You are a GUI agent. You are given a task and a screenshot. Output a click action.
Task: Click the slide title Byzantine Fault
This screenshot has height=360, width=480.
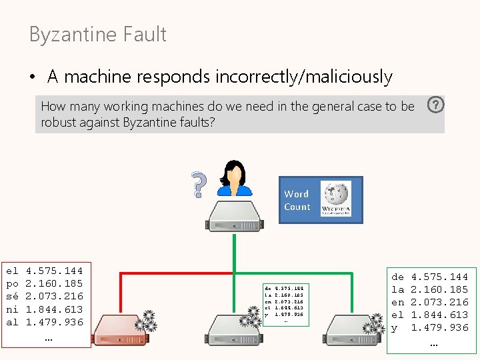coord(97,35)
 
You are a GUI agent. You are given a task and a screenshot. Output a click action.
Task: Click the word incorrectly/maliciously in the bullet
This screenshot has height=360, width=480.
coord(303,77)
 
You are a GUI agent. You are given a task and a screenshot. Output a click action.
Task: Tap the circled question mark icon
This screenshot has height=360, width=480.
coord(435,105)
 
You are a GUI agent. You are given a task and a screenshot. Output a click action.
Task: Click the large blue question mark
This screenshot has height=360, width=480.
coord(197,185)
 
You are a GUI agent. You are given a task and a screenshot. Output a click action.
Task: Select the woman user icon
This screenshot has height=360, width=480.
coord(235,178)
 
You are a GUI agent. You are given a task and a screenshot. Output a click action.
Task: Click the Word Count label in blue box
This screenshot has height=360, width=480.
coord(297,200)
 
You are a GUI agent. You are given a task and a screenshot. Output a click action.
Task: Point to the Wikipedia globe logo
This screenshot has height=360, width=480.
coord(336,199)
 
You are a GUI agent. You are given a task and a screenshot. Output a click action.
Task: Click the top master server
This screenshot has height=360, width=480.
coord(235,217)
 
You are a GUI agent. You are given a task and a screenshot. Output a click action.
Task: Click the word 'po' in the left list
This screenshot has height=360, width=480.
coord(12,283)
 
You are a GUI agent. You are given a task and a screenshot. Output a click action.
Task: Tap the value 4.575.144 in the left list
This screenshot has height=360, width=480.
coord(54,271)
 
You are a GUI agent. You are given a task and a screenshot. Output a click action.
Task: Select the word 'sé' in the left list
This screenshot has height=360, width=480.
coord(12,296)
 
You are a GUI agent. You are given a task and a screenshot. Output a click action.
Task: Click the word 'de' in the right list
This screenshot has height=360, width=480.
coord(397,276)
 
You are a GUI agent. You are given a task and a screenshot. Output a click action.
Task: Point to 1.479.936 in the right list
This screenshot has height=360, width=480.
coord(439,327)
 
